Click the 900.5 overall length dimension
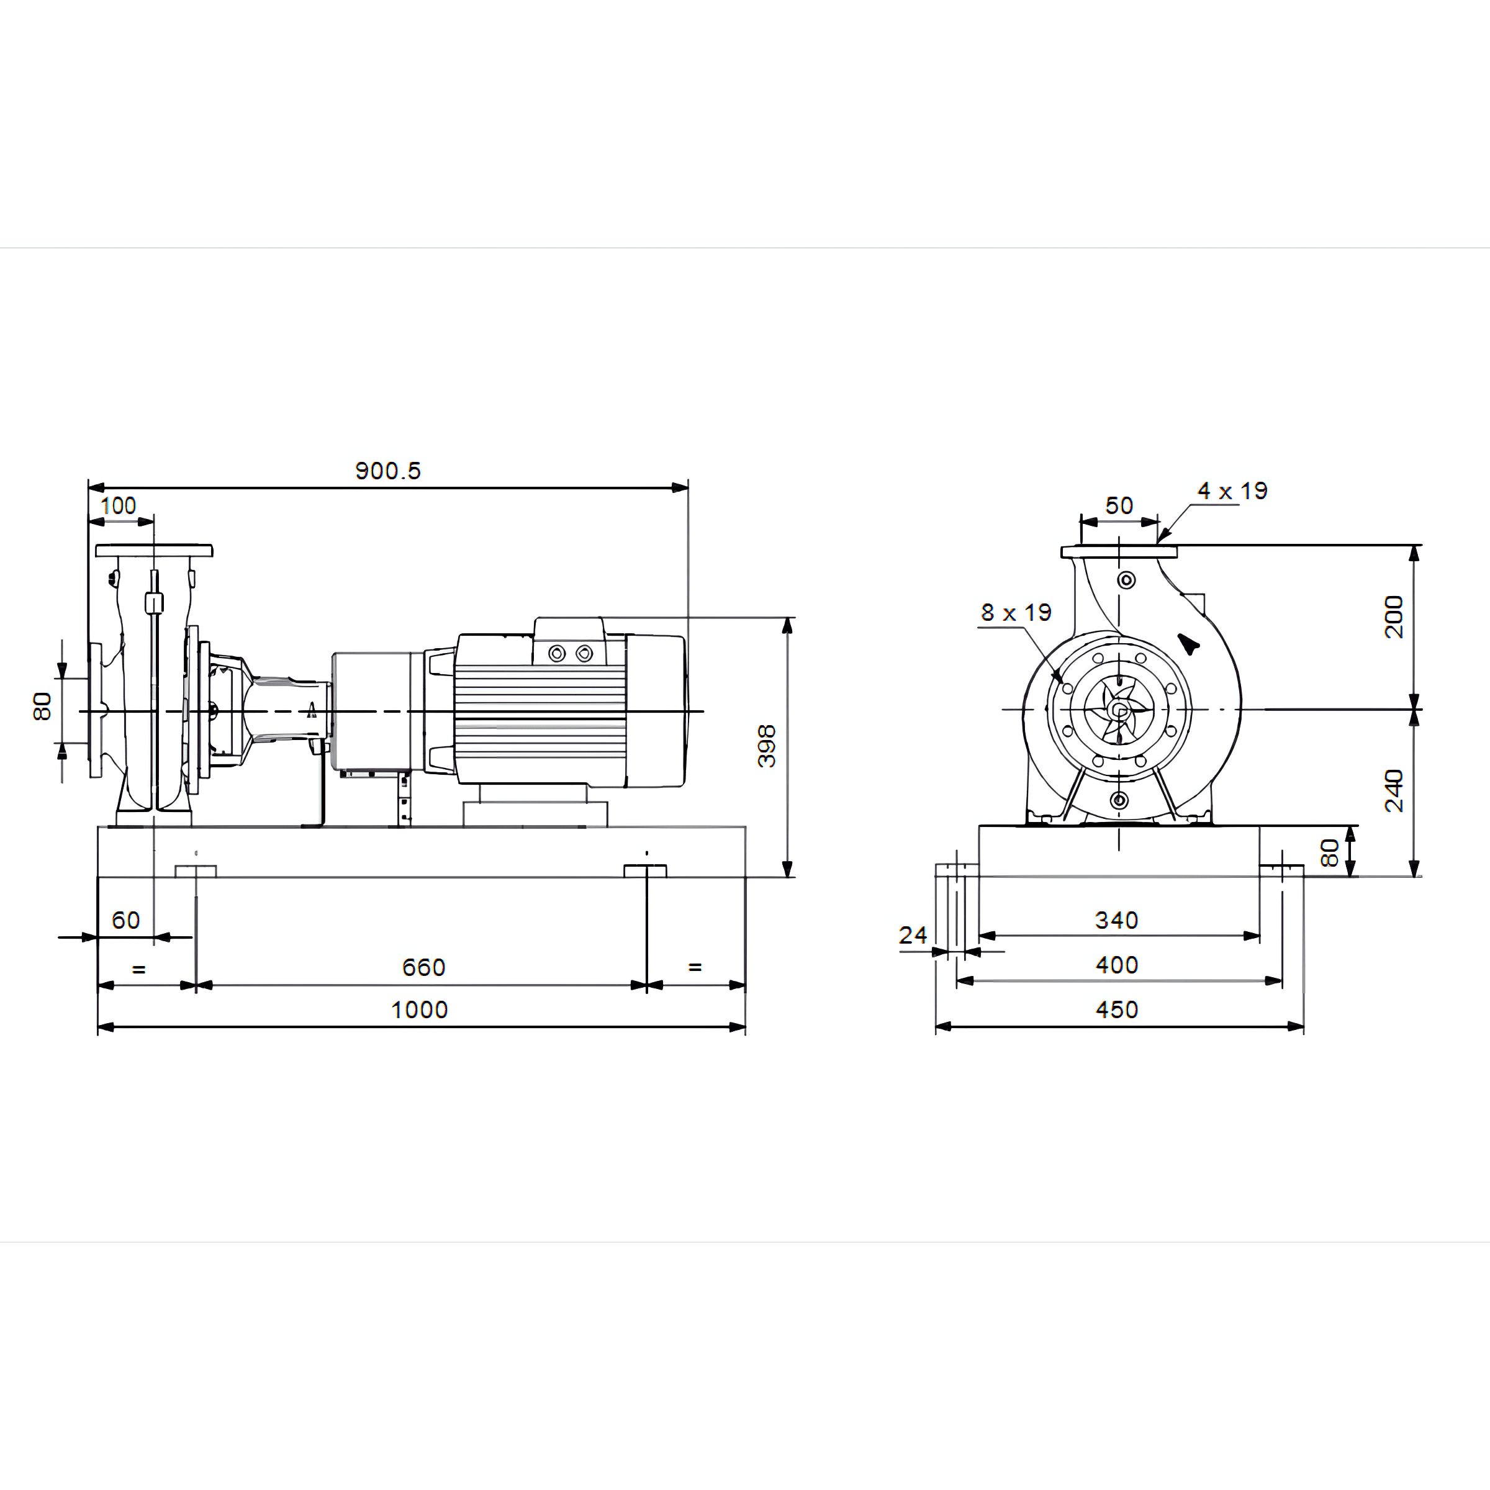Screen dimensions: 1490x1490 tap(388, 471)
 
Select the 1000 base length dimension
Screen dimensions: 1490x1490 tap(420, 1009)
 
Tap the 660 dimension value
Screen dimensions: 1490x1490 tap(423, 967)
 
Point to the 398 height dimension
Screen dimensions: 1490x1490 tap(767, 746)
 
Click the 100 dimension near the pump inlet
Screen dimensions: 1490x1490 tap(118, 506)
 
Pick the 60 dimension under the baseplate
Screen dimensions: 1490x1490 tap(125, 920)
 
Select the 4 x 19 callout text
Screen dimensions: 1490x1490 tap(1232, 490)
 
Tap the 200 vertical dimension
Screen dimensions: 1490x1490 tap(1394, 617)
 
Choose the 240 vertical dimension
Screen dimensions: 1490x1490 tap(1394, 790)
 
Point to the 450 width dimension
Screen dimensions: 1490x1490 tap(1117, 1009)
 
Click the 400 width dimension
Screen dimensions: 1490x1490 tap(1117, 965)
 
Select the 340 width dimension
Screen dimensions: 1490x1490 tap(1117, 920)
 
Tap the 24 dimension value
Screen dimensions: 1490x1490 tap(913, 936)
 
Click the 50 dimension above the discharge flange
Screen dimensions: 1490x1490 tap(1119, 506)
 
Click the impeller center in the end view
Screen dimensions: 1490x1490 tap(1119, 710)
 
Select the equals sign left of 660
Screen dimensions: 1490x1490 tap(139, 968)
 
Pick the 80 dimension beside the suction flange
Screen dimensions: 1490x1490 tap(42, 707)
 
